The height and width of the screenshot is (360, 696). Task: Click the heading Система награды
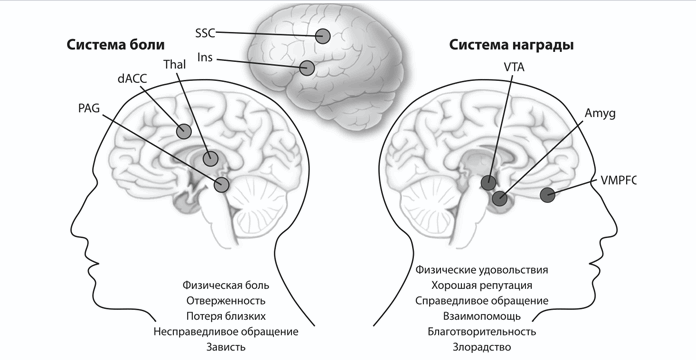(x=504, y=45)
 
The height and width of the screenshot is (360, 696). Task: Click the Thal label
(x=174, y=65)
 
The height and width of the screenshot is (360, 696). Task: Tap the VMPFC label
(x=616, y=180)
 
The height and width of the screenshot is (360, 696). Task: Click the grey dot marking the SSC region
(x=323, y=37)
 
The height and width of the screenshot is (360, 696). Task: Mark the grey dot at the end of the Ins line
(x=308, y=69)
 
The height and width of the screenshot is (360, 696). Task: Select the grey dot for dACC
(x=184, y=131)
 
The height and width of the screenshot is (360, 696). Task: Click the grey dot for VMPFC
(x=547, y=195)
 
